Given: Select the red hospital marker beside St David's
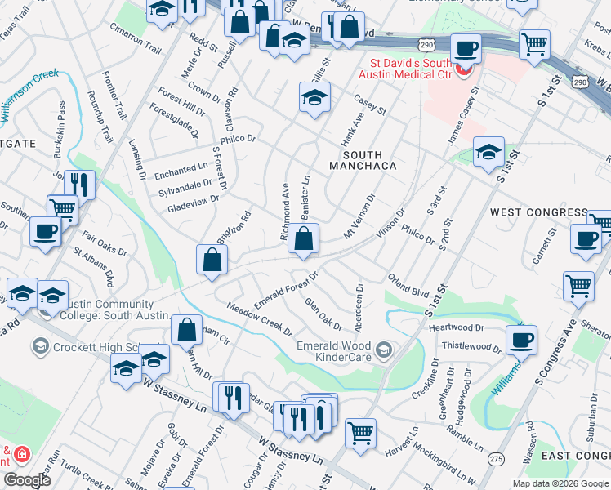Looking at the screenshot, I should pos(465,70).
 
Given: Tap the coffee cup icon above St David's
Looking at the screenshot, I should pos(465,50).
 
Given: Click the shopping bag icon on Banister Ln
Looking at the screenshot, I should pos(303,240).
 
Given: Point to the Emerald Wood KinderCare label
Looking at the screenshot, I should pos(335,350).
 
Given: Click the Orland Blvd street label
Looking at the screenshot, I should pos(408,286).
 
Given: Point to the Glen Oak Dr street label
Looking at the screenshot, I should pos(323,313).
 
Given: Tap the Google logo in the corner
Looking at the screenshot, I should pos(27,480).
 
